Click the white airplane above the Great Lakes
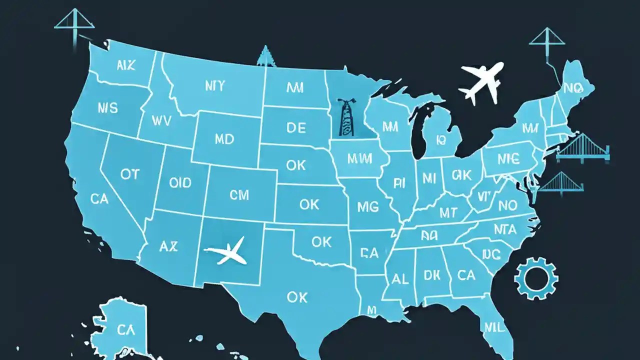[481, 82]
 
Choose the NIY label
[215, 86]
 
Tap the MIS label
[108, 107]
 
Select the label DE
[295, 127]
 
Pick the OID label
[180, 182]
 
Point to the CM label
[239, 195]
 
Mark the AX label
[168, 246]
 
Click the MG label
[367, 206]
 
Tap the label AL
[400, 279]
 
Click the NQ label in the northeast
[573, 88]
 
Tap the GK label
[461, 174]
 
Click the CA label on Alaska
[125, 329]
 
